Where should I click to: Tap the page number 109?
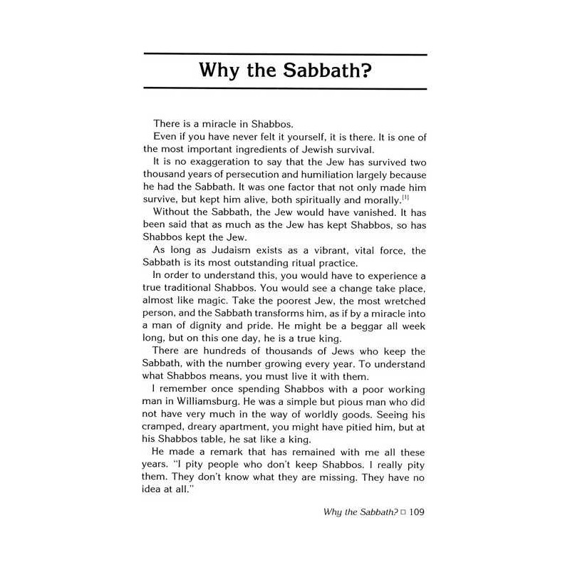point(413,512)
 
